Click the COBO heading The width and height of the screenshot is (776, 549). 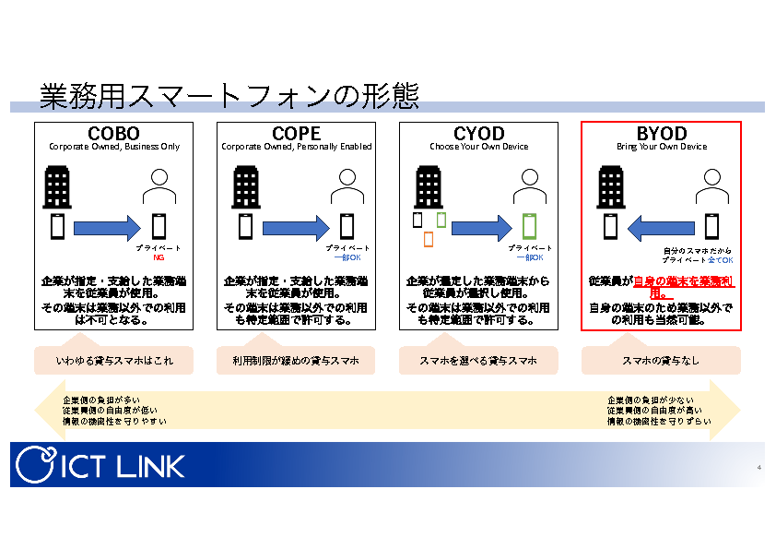point(113,134)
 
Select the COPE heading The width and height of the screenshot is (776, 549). point(296,134)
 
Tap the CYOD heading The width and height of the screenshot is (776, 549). point(478,134)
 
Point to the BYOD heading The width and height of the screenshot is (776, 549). point(661,134)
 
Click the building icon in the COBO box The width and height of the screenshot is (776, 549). point(57,187)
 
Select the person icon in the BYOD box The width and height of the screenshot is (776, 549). point(711,189)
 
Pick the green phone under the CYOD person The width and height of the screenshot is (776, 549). point(529,227)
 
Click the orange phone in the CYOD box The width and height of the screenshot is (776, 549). point(429,239)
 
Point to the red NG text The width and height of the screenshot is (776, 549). point(159,257)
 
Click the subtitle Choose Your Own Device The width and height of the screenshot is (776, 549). point(478,147)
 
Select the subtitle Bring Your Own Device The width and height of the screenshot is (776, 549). point(661,147)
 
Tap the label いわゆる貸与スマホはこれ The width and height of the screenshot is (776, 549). point(113,361)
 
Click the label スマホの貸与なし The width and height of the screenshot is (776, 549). point(661,361)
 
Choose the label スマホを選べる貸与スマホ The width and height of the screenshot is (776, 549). point(478,361)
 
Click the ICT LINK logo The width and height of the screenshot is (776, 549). point(100,464)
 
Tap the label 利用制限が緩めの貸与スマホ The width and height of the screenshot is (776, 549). point(296,361)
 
